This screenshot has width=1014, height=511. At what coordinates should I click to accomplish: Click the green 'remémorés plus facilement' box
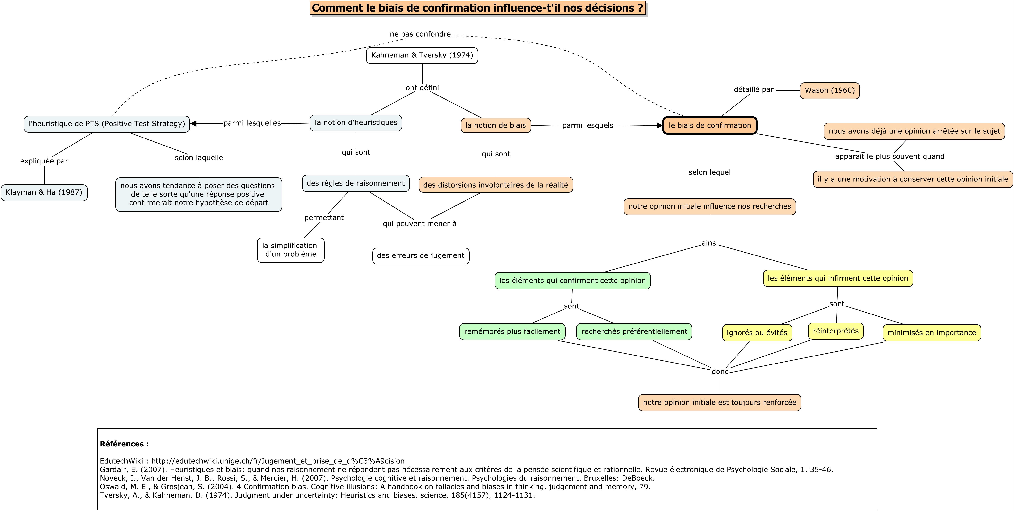pyautogui.click(x=512, y=331)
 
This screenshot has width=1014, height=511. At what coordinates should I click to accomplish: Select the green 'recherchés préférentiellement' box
pyautogui.click(x=634, y=331)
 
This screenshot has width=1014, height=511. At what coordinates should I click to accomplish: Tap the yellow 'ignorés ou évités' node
pyautogui.click(x=757, y=333)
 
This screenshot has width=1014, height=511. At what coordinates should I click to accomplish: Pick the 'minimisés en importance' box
pyautogui.click(x=932, y=333)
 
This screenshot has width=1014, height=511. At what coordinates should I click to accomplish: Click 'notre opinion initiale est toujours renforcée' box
pyautogui.click(x=720, y=402)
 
